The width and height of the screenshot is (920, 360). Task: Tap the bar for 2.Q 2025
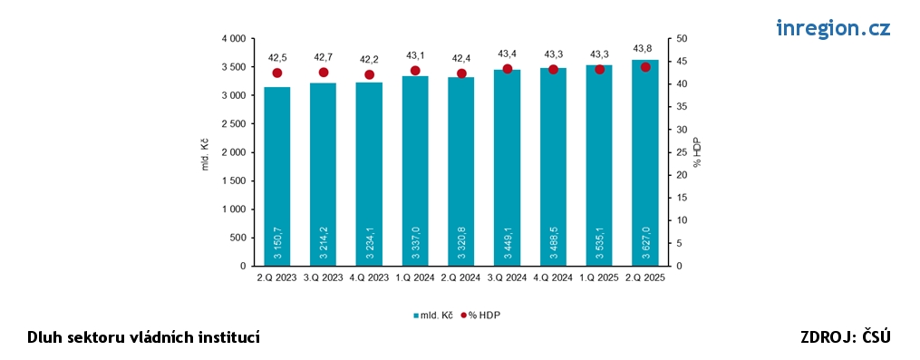point(645,163)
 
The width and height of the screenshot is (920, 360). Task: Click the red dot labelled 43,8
point(645,67)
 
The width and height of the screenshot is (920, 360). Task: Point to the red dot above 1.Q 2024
point(415,71)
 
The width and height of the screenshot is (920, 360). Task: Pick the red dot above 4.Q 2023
point(369,74)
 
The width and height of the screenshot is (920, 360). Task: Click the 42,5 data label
point(276,57)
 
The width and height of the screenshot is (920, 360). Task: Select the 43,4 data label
point(507,54)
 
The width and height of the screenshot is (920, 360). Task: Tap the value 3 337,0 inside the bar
point(415,241)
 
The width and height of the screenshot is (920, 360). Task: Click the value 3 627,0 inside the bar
point(645,241)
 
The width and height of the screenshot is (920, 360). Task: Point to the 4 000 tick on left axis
point(234,39)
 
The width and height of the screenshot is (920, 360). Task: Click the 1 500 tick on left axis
point(234,180)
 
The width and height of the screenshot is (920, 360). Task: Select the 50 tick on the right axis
point(681,39)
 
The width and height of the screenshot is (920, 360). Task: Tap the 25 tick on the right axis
point(681,152)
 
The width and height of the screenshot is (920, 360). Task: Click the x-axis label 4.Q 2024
point(553,278)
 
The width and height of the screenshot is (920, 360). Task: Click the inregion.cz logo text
point(833,28)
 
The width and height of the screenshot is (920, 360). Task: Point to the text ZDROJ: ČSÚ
point(846,337)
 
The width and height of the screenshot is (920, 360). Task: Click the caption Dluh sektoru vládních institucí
point(144,337)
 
